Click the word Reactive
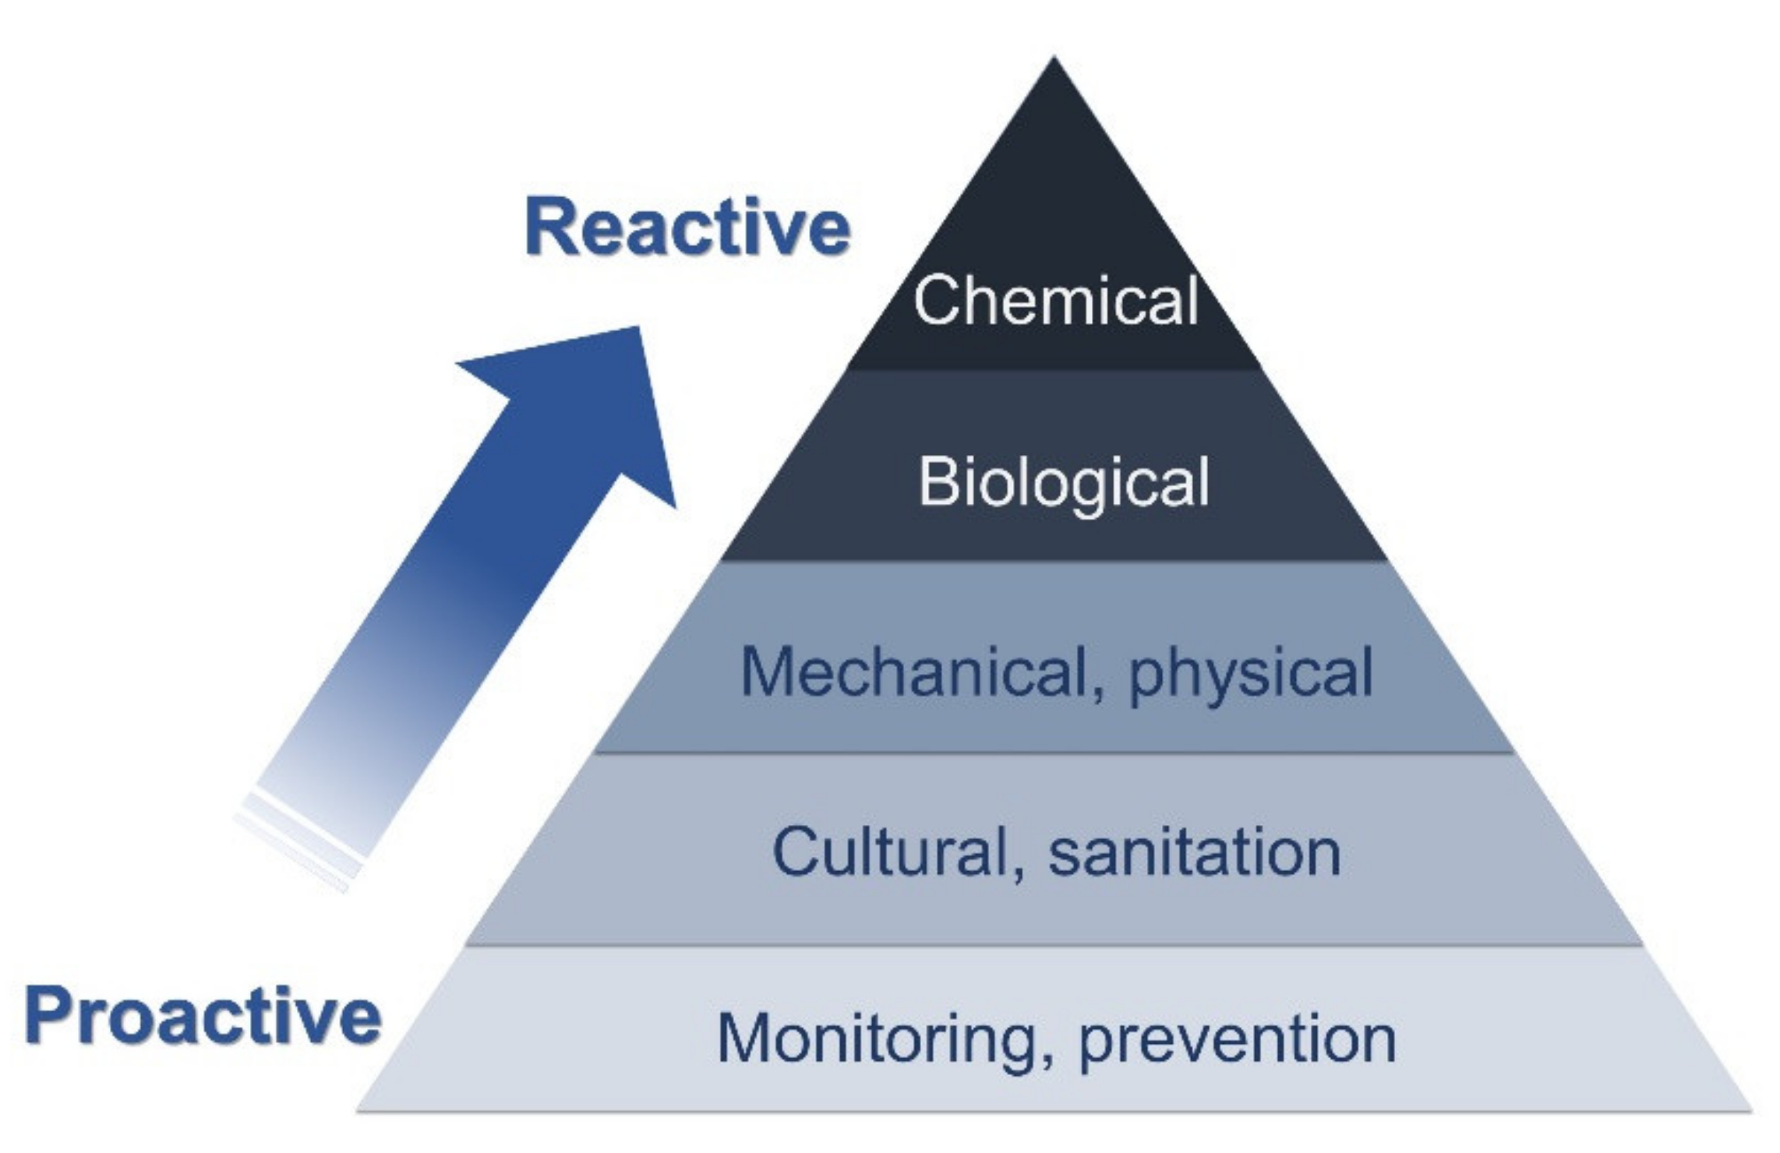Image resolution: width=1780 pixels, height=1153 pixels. pyautogui.click(x=687, y=227)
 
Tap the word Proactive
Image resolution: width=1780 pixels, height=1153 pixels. pyautogui.click(x=203, y=1016)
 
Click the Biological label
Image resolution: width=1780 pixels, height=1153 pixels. pyautogui.click(x=1064, y=482)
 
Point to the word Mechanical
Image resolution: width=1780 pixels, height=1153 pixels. pyautogui.click(x=915, y=672)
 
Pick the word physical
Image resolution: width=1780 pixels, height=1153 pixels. pyautogui.click(x=1250, y=675)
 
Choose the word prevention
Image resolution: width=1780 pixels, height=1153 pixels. pyautogui.click(x=1238, y=1041)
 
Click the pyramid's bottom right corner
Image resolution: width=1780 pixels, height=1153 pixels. pyautogui.click(x=1749, y=1109)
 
